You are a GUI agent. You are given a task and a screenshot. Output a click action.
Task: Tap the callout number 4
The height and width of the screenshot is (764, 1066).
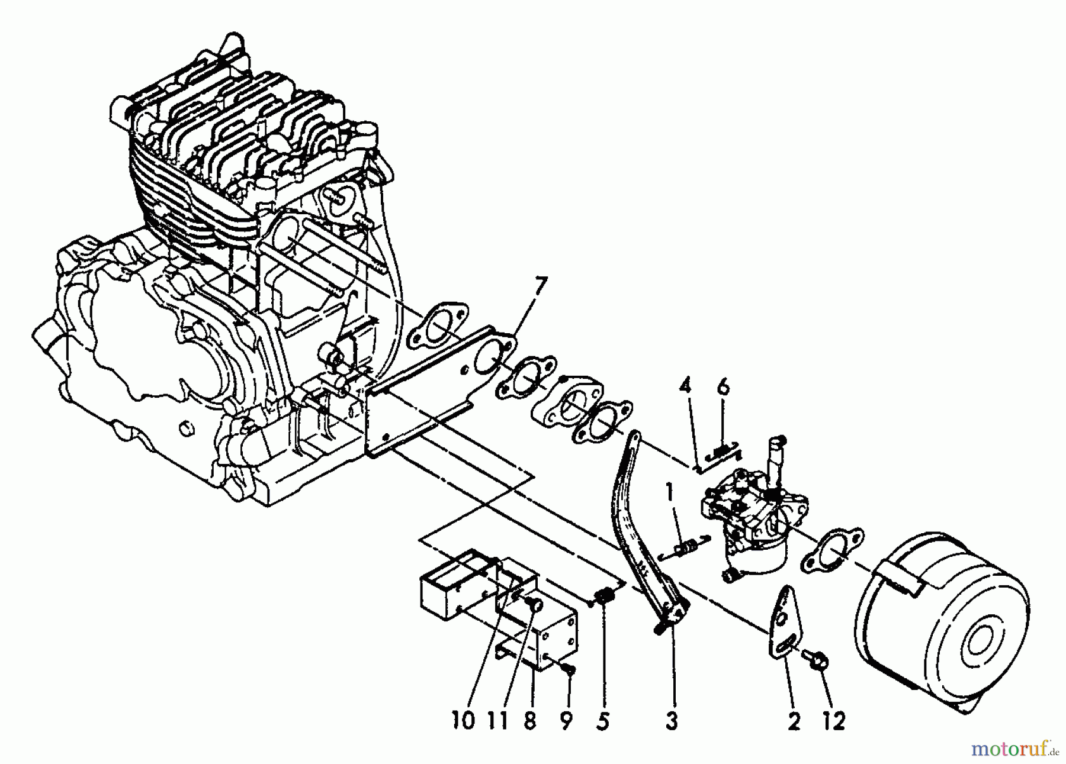(x=685, y=388)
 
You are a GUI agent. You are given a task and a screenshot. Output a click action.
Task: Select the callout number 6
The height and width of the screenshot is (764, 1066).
(x=724, y=388)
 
